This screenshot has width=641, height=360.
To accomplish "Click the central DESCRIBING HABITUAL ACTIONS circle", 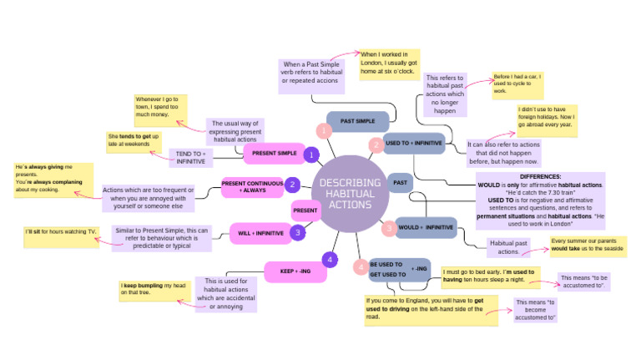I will [348, 193].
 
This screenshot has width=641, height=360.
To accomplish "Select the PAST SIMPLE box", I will [357, 121].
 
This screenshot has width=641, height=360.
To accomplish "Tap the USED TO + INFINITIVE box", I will [414, 144].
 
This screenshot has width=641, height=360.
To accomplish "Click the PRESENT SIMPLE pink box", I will [274, 154].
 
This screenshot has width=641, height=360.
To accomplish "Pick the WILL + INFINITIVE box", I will [260, 233].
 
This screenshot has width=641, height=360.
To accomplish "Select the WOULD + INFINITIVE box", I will [425, 227].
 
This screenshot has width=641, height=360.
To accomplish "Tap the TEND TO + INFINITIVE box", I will [190, 157].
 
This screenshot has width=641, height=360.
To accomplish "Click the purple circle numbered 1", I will [311, 155].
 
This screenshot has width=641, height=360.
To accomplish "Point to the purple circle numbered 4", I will [331, 260].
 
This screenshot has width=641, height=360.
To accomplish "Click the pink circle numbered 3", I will [388, 227].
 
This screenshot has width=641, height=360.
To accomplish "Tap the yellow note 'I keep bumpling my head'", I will [154, 290].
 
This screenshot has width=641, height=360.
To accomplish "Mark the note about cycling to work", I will [517, 84].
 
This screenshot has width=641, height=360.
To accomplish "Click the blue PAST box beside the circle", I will [400, 182].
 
